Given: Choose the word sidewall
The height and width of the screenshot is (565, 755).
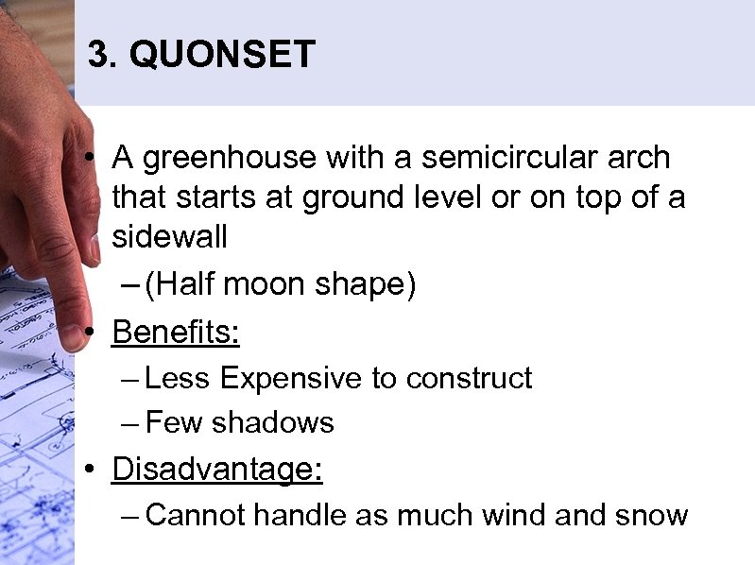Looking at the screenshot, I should pos(170,237).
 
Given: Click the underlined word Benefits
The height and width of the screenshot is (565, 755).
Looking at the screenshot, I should pos(176,332).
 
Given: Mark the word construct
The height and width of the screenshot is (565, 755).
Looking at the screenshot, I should pos(469,378).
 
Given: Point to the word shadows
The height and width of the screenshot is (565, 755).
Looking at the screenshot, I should pos(273,422).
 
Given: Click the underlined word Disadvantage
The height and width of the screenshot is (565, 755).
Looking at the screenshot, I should pos(216,469).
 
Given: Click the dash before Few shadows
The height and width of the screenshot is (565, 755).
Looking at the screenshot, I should pos(131,423).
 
